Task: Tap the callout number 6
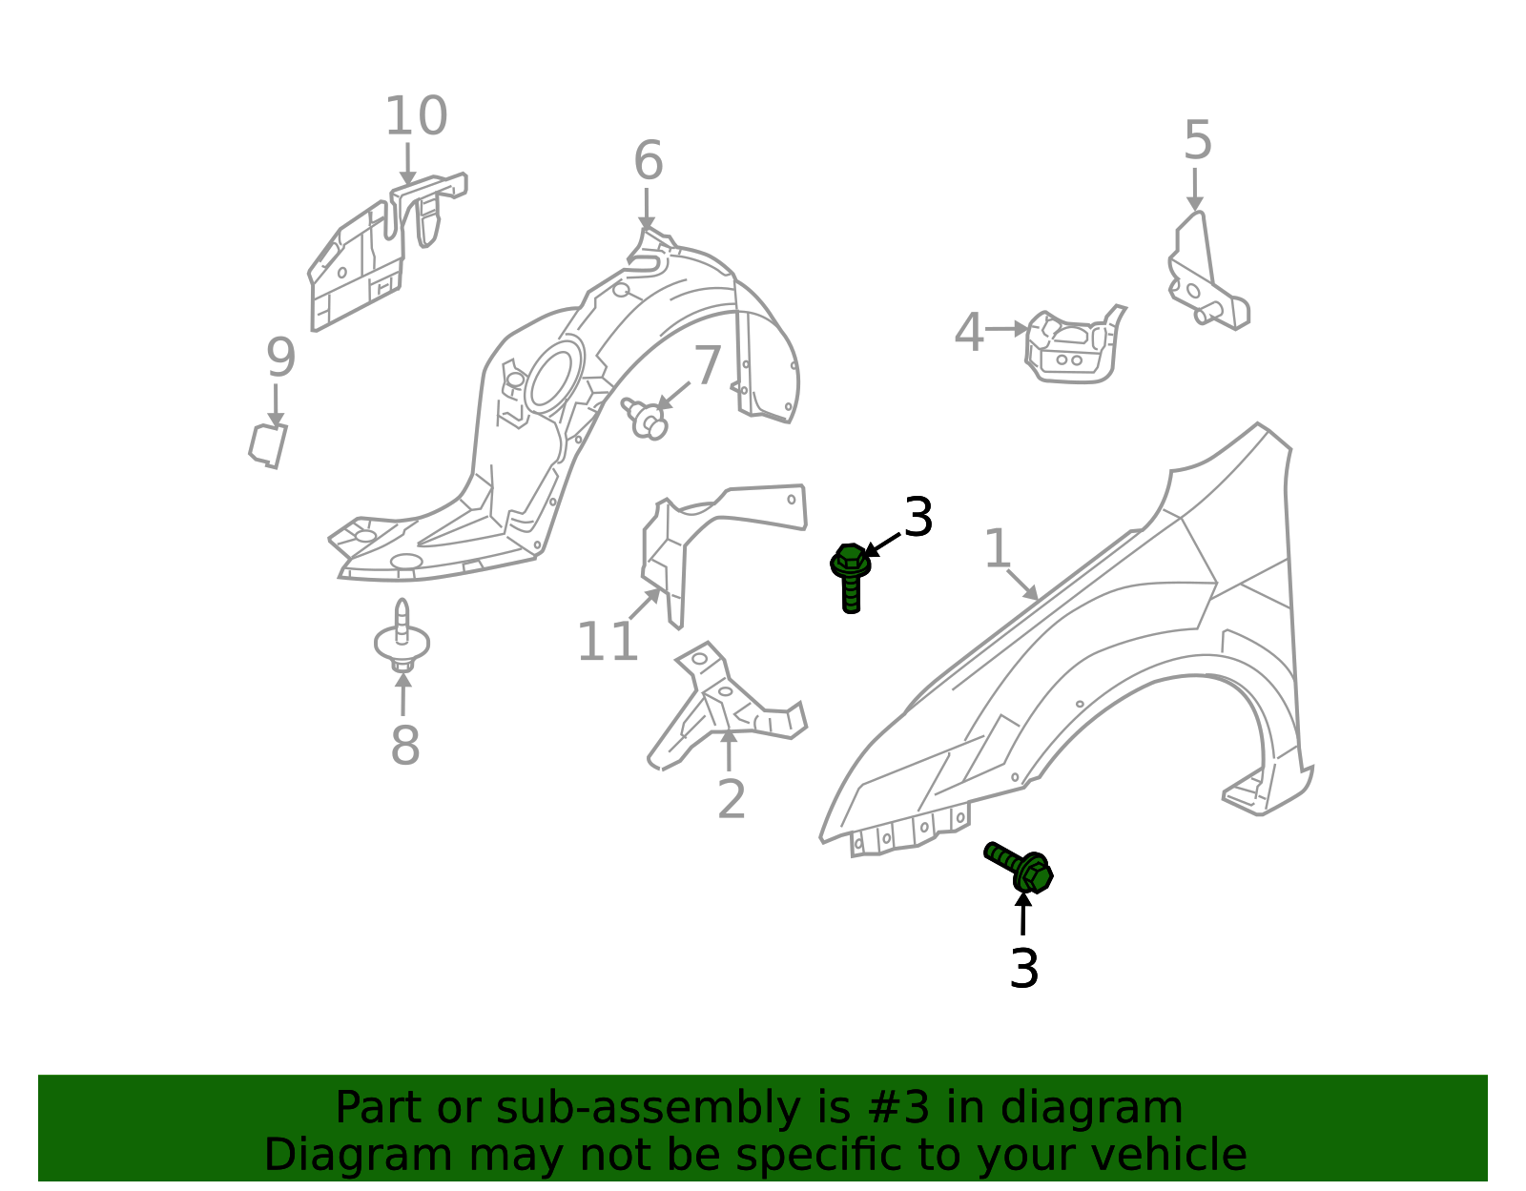click(x=649, y=161)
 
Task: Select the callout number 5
click(x=1197, y=140)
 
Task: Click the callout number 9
click(x=281, y=358)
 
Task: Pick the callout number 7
click(x=707, y=365)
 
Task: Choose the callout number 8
click(x=405, y=745)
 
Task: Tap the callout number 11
click(x=608, y=642)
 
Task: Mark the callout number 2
click(x=731, y=799)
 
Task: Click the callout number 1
click(x=998, y=548)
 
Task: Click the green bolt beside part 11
click(x=851, y=578)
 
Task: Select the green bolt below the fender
click(x=1019, y=868)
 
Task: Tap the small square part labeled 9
click(x=268, y=445)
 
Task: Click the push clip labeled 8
click(x=402, y=636)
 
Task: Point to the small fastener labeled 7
click(x=645, y=419)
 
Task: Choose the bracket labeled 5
click(x=1207, y=272)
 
